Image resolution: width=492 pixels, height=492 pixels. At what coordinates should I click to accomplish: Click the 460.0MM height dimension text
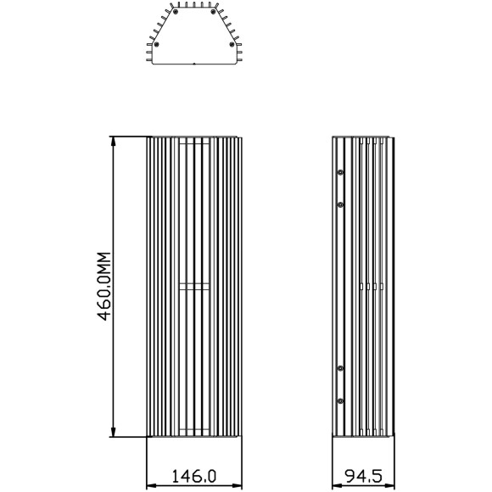(104, 286)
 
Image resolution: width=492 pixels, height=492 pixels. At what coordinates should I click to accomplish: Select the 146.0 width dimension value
(194, 477)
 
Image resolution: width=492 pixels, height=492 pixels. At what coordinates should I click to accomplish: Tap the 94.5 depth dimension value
(364, 477)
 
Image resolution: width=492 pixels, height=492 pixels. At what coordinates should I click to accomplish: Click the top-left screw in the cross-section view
(176, 12)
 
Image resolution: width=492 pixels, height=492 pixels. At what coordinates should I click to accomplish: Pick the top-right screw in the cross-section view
(213, 12)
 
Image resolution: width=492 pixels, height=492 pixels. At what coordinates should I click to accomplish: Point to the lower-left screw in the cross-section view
(157, 44)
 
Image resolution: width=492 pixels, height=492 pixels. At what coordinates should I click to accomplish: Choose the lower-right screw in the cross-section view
(232, 44)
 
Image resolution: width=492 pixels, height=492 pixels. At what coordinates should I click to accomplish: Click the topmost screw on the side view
(340, 172)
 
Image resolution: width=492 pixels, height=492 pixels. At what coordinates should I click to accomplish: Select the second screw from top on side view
(340, 205)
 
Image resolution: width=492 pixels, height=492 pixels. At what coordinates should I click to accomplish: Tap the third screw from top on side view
(340, 368)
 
